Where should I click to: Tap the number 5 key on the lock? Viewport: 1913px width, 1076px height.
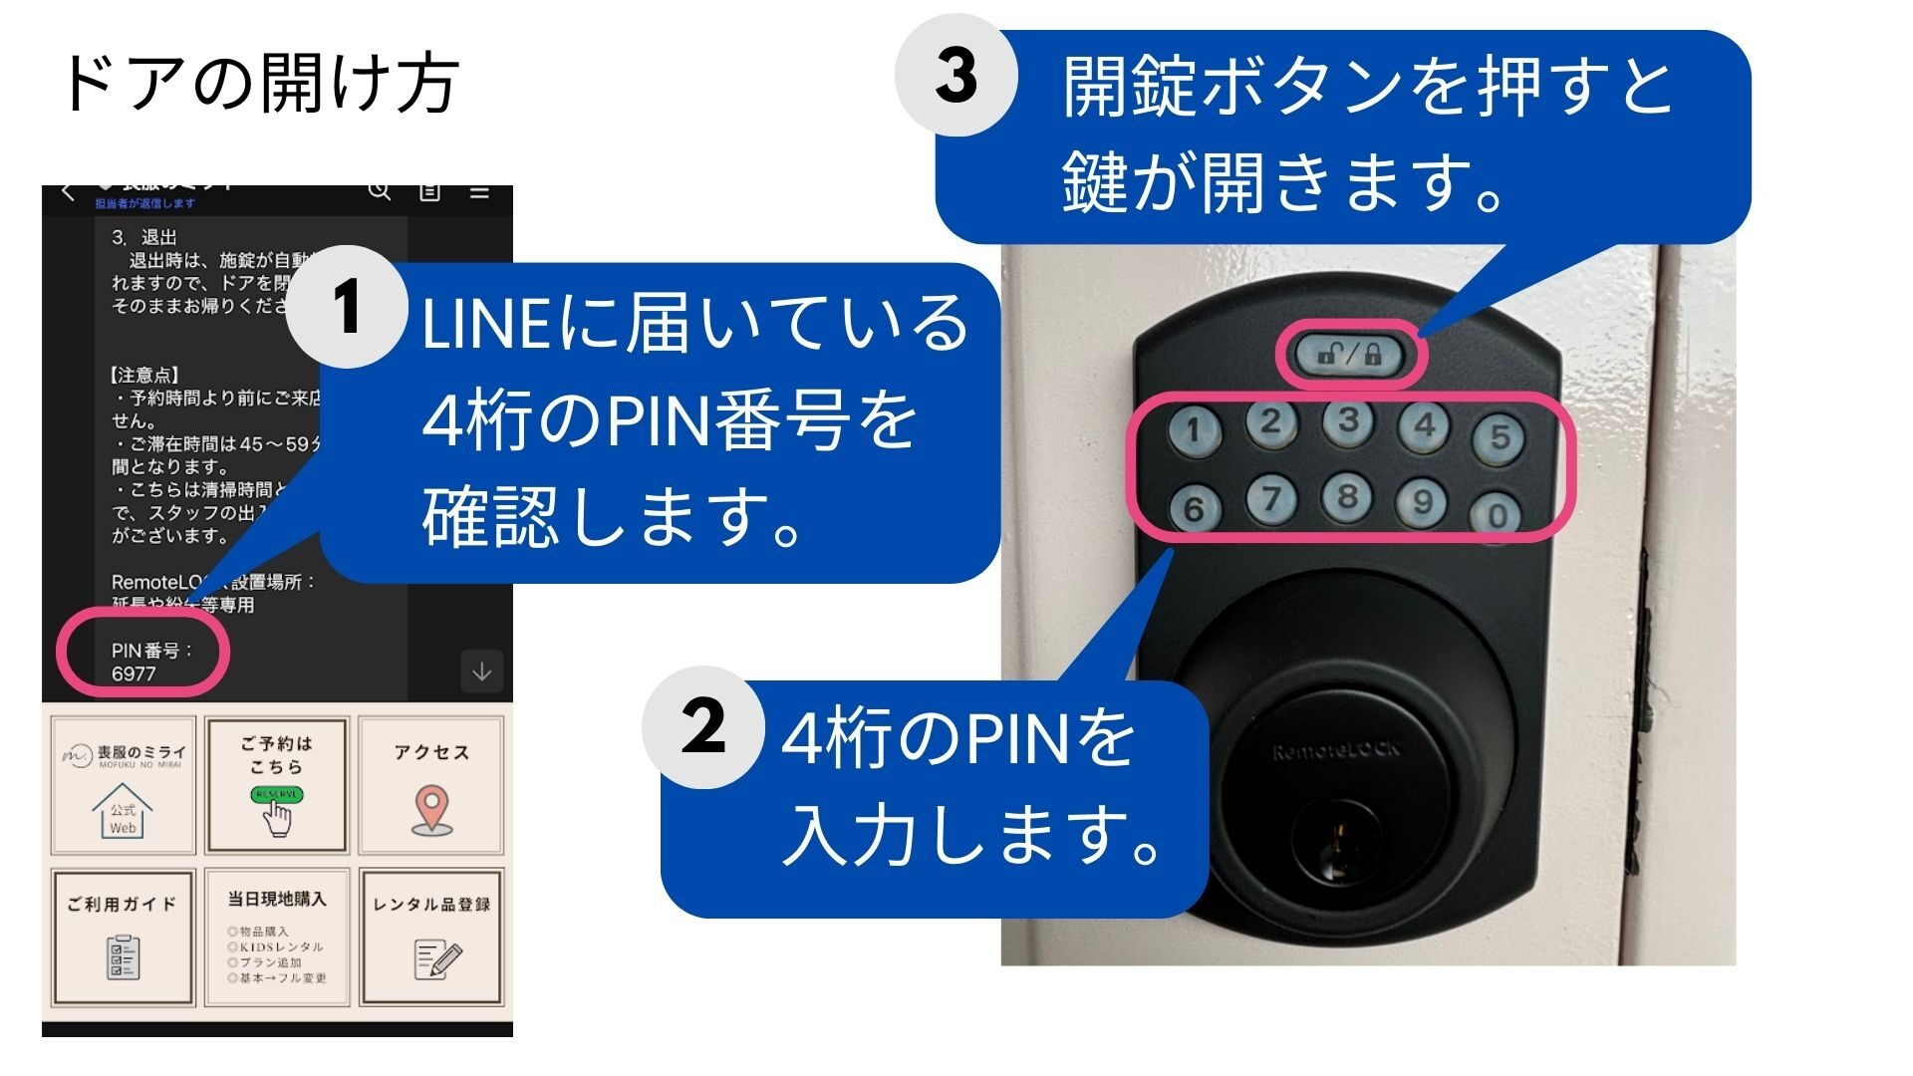tap(1500, 436)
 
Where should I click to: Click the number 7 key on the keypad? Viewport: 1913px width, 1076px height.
tap(1271, 497)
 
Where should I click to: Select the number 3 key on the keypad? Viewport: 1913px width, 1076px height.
tap(1348, 420)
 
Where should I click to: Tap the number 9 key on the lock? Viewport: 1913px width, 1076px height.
tap(1423, 501)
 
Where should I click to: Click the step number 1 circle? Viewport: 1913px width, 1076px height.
tap(346, 308)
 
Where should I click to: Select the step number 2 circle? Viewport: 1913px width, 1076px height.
tap(703, 727)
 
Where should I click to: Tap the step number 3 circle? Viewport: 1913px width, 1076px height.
tap(956, 75)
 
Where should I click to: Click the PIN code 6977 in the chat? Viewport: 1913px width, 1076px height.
tap(134, 673)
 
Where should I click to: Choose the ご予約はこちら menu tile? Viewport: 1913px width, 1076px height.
tap(276, 785)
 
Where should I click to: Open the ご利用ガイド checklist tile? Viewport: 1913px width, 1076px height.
tap(123, 938)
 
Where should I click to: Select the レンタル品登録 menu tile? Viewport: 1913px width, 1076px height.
tap(431, 938)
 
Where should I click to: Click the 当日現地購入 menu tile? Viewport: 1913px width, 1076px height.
tap(276, 938)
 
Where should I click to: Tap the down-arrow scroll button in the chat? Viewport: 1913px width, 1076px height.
tap(481, 672)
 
